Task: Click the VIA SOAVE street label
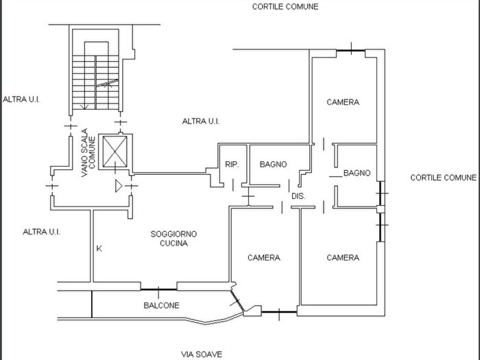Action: tap(202, 355)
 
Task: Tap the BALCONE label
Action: tap(161, 306)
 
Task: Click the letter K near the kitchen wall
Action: tap(99, 248)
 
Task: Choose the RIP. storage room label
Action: tap(232, 165)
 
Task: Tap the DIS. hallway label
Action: tap(298, 196)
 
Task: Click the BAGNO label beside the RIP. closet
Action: tap(273, 165)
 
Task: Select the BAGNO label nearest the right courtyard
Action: tap(357, 173)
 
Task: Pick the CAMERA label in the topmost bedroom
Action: tap(342, 102)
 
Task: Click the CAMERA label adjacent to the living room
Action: tap(263, 258)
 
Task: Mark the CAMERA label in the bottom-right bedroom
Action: tap(342, 258)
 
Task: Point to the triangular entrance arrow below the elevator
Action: tap(119, 185)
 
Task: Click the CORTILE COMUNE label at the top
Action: tap(285, 6)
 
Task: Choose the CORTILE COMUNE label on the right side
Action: tap(443, 178)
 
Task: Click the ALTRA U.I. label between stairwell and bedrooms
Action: tap(200, 121)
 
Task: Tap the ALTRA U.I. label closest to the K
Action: tap(41, 232)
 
